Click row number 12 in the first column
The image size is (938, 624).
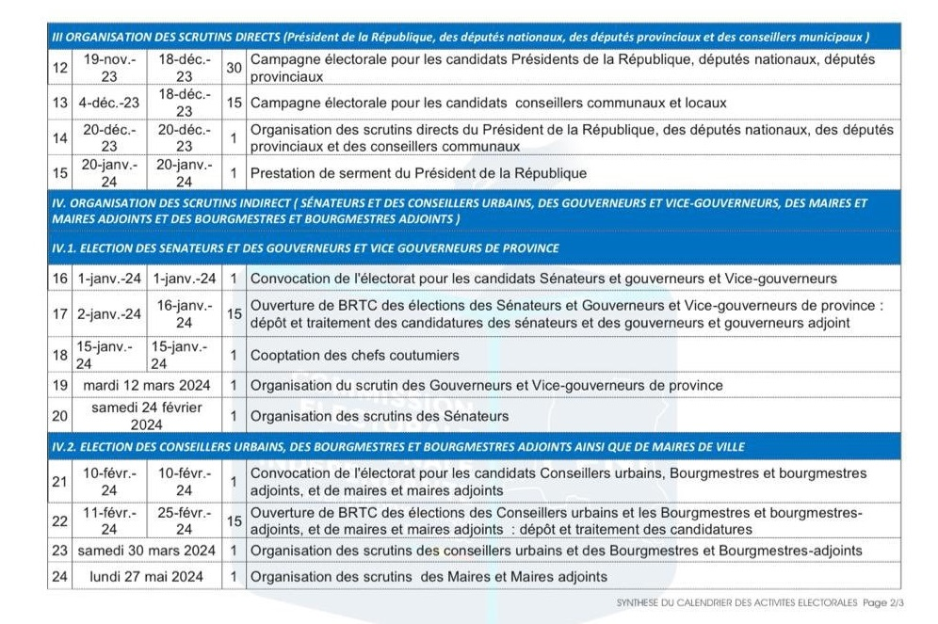[x=60, y=68]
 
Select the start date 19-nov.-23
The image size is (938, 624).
[x=109, y=68]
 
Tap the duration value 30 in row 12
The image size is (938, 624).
[x=234, y=68]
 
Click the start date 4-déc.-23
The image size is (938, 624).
[x=109, y=102]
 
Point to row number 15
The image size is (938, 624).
[x=60, y=173]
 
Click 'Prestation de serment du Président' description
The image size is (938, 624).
[x=418, y=173]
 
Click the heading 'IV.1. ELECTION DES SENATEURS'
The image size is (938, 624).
[x=305, y=248]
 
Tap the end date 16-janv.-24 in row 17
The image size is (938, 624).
[x=185, y=313]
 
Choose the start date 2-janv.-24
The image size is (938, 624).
[x=109, y=313]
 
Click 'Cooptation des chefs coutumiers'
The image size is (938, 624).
[x=354, y=355]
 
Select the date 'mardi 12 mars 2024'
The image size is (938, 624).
[x=146, y=385]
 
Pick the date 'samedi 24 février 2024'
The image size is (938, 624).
[x=146, y=415]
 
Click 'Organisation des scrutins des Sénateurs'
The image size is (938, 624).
[x=379, y=416]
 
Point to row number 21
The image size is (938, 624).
[x=60, y=481]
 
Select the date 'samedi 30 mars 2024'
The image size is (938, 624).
[x=146, y=551]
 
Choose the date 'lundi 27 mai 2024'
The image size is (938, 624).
[x=146, y=577]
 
